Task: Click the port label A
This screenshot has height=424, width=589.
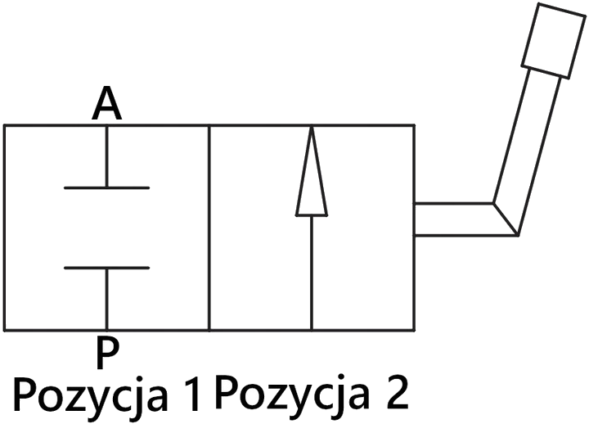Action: coord(107,103)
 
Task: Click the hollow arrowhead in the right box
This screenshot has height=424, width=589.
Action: coord(312,171)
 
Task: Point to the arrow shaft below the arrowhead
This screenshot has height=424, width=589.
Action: coord(312,273)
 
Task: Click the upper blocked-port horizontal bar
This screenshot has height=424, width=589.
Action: coord(106,187)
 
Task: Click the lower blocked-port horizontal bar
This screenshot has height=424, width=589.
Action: coord(106,268)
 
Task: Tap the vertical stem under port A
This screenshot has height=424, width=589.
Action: coord(107,156)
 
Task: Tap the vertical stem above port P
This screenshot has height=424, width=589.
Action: coord(107,300)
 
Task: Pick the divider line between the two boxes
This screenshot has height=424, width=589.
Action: coord(209,228)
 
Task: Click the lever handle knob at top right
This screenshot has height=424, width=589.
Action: coord(554,41)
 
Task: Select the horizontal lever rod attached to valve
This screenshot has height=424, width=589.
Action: coord(455,219)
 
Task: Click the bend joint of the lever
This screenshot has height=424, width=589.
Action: coord(506,219)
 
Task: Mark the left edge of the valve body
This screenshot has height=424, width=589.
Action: coord(5,228)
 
